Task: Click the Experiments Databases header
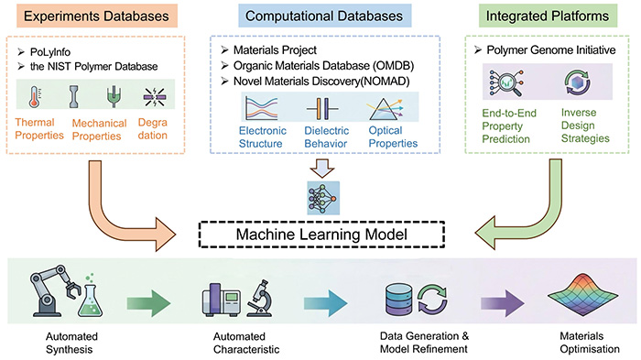[x=96, y=16]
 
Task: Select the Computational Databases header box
[x=324, y=16]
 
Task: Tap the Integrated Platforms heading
[x=548, y=16]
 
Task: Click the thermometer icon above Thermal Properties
[x=35, y=97]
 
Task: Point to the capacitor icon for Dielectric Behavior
[x=322, y=109]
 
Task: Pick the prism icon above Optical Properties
[x=386, y=109]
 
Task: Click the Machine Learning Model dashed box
[x=321, y=235]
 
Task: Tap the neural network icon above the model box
[x=323, y=198]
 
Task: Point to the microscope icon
[x=260, y=298]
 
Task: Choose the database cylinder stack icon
[x=399, y=300]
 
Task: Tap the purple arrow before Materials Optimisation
[x=503, y=303]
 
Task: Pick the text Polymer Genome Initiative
[x=550, y=50]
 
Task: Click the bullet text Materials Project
[x=275, y=49]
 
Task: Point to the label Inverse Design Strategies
[x=585, y=125]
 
